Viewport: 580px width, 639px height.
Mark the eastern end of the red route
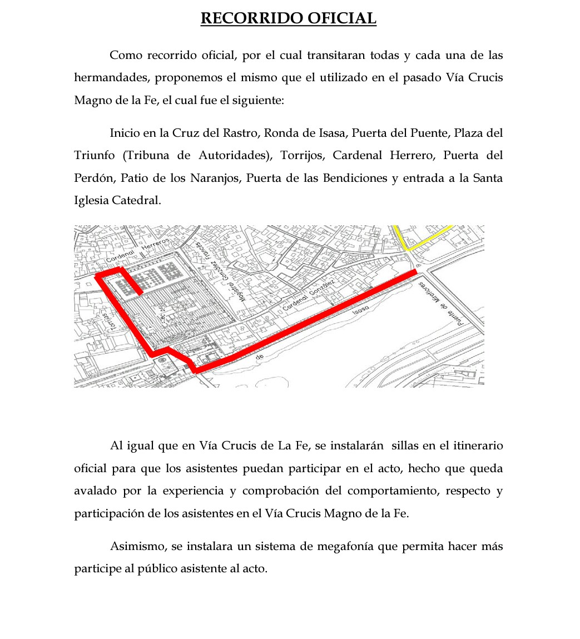414,272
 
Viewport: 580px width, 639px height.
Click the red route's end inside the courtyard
141,291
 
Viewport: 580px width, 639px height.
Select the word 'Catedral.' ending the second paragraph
136,200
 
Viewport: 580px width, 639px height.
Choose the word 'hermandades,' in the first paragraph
111,78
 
